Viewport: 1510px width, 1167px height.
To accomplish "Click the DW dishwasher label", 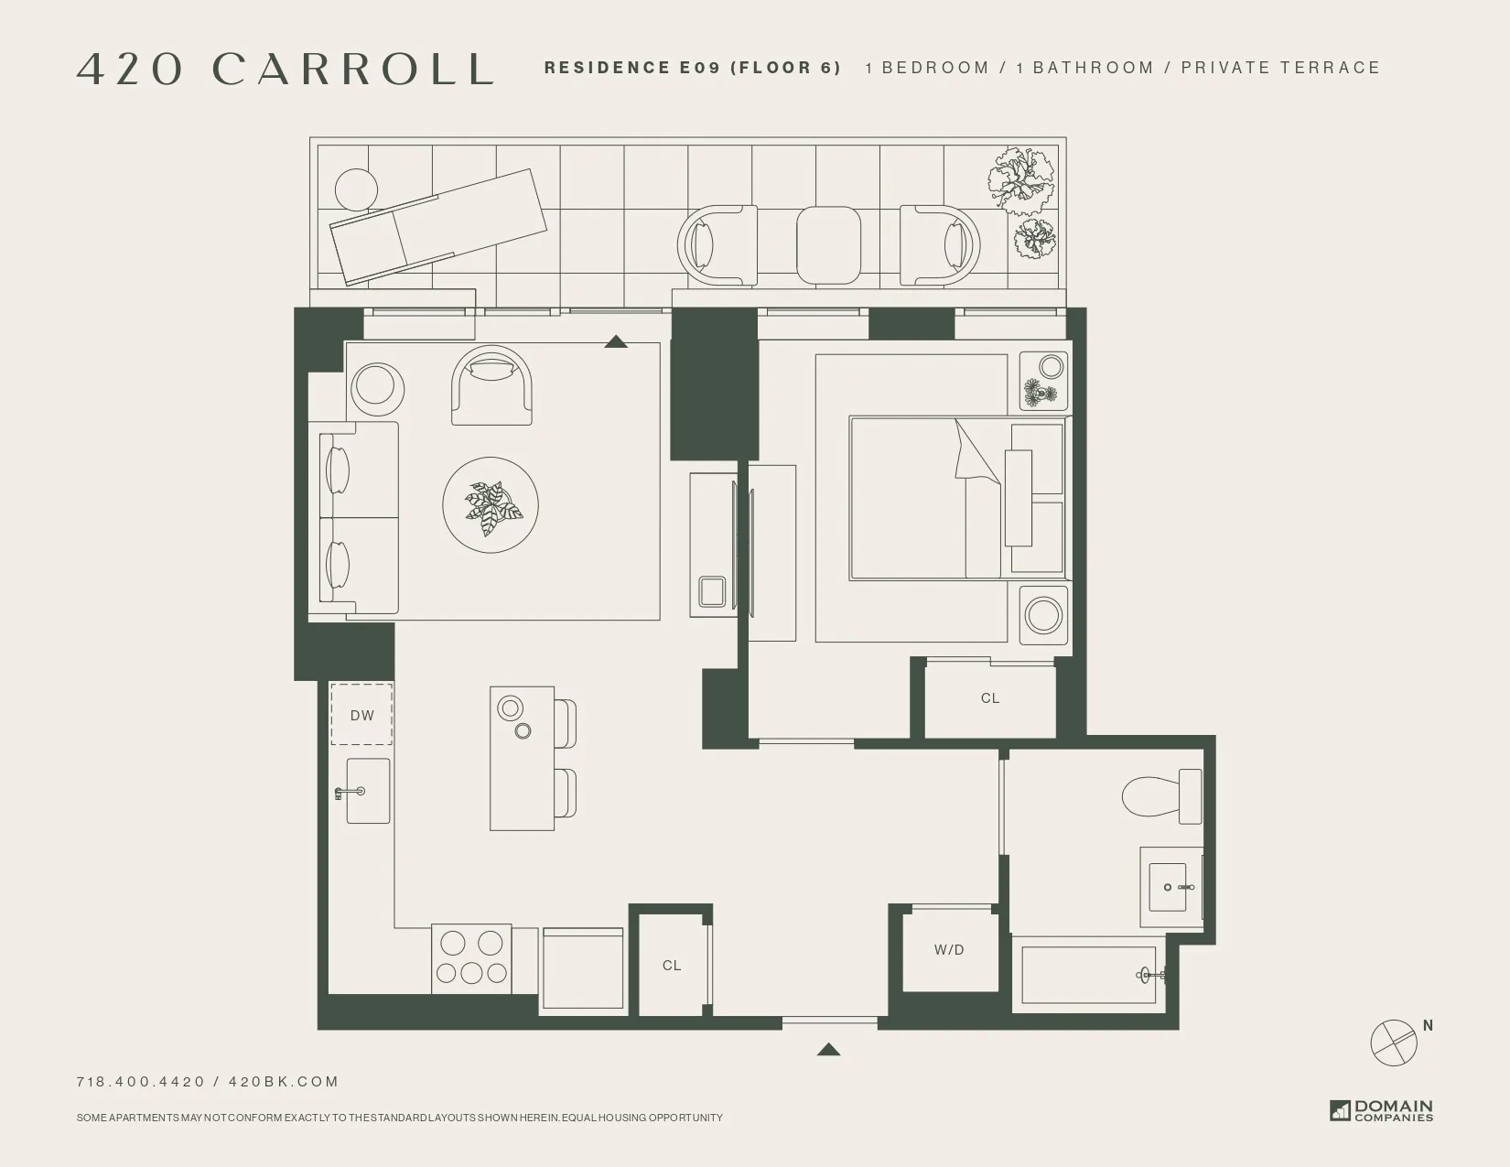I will [x=361, y=716].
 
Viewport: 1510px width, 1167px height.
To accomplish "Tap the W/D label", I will [x=949, y=950].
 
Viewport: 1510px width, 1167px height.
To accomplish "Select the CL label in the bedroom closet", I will [x=989, y=698].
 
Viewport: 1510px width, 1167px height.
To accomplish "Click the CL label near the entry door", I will [x=672, y=966].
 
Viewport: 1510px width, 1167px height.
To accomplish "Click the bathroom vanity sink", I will [x=1171, y=887].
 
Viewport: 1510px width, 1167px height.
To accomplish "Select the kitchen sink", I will [x=368, y=791].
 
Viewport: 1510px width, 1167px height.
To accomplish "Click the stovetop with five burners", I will [x=471, y=957].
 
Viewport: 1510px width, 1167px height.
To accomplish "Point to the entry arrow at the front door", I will [x=828, y=1050].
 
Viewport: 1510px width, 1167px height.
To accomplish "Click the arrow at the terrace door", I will [x=616, y=341].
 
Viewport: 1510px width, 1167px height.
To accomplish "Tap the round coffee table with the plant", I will [x=491, y=505].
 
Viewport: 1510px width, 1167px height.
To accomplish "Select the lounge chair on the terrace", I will [x=437, y=227].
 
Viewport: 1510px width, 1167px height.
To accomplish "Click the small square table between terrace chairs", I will [x=828, y=244].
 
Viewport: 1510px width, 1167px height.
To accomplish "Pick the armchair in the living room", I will [x=492, y=386].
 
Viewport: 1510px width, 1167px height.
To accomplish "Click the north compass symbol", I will [x=1395, y=1041].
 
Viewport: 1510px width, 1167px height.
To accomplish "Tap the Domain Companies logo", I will [x=1382, y=1110].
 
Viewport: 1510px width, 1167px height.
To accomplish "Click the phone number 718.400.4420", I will [x=141, y=1081].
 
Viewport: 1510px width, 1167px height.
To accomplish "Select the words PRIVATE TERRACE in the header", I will [x=1280, y=68].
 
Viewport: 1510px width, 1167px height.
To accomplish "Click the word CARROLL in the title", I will [x=354, y=70].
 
